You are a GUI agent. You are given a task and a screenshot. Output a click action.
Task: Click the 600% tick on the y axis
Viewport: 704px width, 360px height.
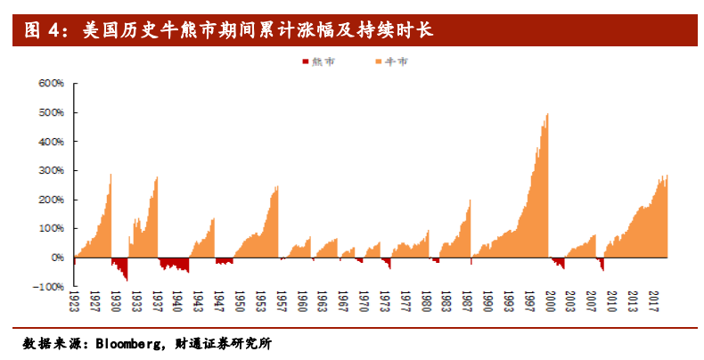pos(50,84)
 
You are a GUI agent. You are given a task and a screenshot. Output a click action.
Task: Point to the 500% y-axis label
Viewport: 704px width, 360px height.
pos(50,113)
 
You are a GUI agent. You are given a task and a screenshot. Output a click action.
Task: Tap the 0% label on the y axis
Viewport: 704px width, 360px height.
pos(56,258)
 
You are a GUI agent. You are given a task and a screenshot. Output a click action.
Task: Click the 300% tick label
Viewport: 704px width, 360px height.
pos(50,171)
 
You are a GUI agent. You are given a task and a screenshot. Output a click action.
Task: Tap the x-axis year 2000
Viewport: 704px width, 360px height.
pos(550,302)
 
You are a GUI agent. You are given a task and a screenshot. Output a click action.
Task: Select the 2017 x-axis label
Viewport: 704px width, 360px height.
pos(653,302)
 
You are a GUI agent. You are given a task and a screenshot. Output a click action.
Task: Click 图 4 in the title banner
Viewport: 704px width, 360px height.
pos(41,31)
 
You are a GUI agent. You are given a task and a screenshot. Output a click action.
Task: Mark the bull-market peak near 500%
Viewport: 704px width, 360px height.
pos(547,115)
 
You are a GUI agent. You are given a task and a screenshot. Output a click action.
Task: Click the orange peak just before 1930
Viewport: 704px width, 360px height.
pos(111,175)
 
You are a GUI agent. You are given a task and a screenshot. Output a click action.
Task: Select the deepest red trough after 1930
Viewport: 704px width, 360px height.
pos(127,280)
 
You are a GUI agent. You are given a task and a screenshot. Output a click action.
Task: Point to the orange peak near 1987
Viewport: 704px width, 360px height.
pos(470,201)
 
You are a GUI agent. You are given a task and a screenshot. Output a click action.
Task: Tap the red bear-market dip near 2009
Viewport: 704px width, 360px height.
pos(602,268)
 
